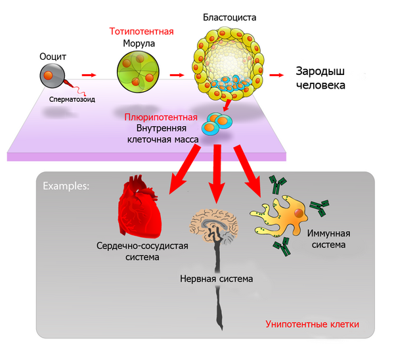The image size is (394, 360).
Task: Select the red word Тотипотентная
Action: pos(142,32)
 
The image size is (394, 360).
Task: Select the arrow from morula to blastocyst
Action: pos(175,75)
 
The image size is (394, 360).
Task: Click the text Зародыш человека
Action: pos(320,78)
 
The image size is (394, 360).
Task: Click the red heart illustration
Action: pos(140,209)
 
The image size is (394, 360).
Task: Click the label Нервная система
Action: pos(216,279)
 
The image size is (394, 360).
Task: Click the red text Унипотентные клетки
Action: pos(312,324)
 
